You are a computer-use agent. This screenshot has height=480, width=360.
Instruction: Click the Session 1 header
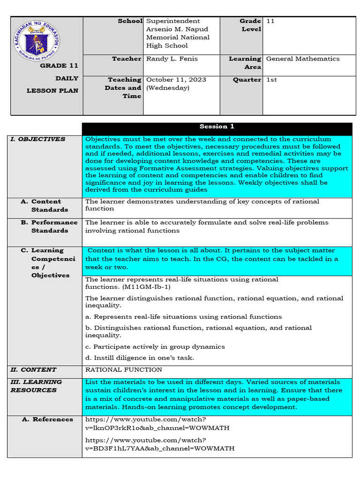coord(217,127)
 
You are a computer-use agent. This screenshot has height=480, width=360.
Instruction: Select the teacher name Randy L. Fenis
coord(172,59)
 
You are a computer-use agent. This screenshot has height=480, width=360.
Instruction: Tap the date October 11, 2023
coord(176,80)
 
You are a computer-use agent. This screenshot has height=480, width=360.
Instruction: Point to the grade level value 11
coord(270,21)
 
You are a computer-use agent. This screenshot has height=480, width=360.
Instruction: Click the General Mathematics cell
coord(302,59)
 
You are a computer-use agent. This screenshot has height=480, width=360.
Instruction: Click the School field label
coord(130,21)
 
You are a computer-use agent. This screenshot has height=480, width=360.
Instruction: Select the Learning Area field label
coord(245,63)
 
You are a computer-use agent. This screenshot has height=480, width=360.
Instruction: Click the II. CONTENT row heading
coord(33,370)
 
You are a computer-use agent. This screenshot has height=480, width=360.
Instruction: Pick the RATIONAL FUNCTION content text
coord(117,370)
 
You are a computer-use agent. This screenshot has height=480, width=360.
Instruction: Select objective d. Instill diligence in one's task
coord(139,358)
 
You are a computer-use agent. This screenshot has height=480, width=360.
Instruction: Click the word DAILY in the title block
coord(67,78)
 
